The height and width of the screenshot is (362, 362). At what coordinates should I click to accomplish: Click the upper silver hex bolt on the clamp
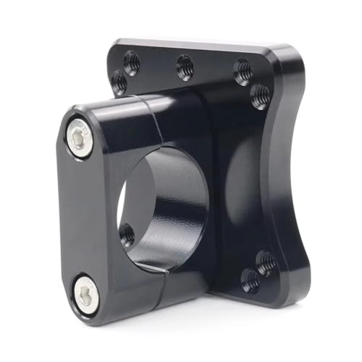click(x=80, y=137)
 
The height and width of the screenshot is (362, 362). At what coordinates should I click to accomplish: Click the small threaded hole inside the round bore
click(x=127, y=234)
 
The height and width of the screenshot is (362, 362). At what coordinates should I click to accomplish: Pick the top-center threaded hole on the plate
click(x=185, y=67)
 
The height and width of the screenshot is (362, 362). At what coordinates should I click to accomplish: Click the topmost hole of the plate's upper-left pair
click(x=132, y=62)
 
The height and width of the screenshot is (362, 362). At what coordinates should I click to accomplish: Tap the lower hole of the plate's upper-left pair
click(x=120, y=83)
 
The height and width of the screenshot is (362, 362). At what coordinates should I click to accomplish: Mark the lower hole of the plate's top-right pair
click(x=261, y=95)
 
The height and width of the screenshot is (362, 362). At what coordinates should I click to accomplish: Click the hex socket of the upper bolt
click(x=80, y=137)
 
